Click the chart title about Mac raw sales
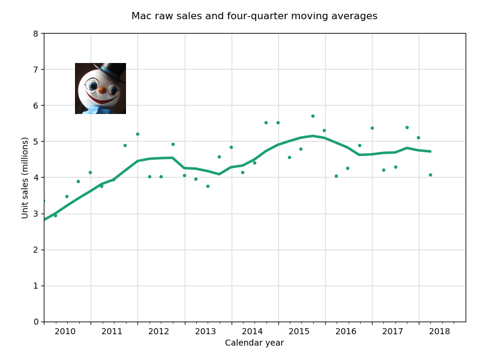pos(254,16)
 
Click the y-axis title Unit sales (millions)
pos(25,178)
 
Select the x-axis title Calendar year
pos(254,343)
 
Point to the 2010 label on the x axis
pos(65,331)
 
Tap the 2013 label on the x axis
pos(205,331)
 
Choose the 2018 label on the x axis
pos(440,331)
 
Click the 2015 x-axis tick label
pos(299,331)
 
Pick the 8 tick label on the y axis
pos(36,34)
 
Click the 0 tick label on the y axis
pos(36,322)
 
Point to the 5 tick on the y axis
pos(36,142)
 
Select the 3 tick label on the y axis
pos(36,214)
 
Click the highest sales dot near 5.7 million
pos(313,116)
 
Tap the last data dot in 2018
pos(430,175)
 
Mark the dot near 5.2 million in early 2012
pos(137,134)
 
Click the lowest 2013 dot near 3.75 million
pos(208,186)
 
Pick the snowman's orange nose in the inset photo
pos(102,90)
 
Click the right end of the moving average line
pos(430,151)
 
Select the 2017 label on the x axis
pos(393,331)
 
